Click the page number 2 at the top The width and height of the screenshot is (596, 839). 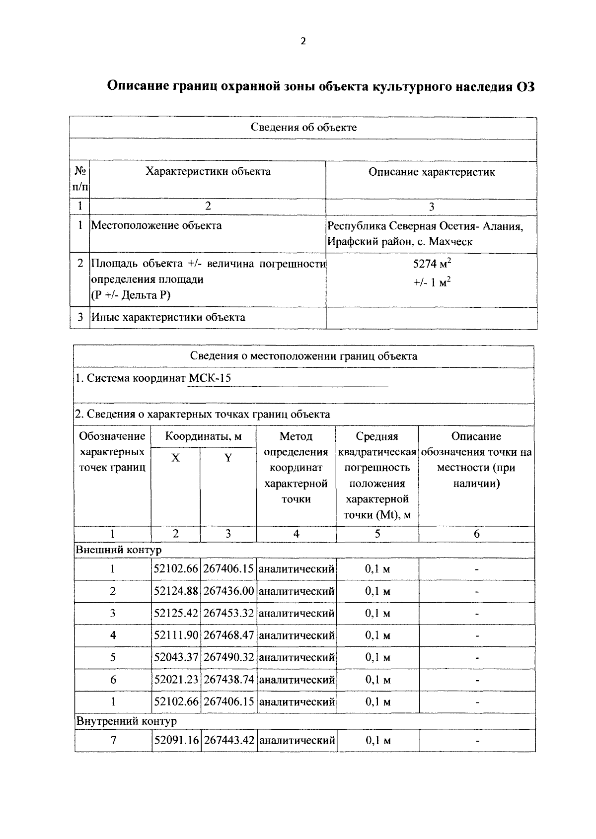(303, 42)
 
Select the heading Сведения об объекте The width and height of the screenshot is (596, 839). (303, 128)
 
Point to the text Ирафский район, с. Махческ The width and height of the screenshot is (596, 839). (399, 242)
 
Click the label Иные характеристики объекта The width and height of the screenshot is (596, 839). (168, 318)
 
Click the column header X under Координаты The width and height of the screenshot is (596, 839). (175, 458)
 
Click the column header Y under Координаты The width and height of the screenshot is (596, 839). (228, 458)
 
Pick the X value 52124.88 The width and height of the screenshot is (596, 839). (176, 591)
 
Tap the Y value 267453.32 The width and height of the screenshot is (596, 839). (228, 614)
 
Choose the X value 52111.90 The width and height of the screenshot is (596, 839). (176, 635)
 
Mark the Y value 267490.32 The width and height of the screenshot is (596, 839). (228, 657)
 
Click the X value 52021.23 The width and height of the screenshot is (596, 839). (176, 680)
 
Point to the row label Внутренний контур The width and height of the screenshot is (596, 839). (126, 721)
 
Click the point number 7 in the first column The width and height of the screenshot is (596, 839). (113, 741)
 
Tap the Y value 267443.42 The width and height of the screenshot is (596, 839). (229, 741)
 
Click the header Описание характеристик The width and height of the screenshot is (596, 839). (431, 172)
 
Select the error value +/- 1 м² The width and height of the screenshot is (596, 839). (431, 283)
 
